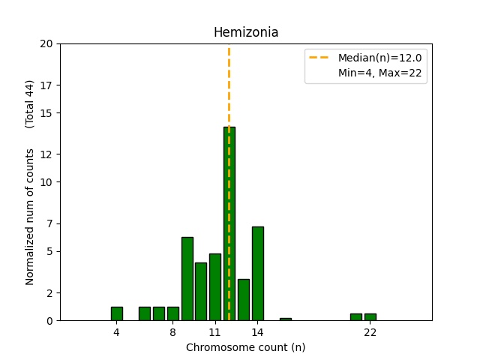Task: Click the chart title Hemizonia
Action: (246, 32)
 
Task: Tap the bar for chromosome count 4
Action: (116, 313)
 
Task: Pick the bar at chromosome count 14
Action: (257, 273)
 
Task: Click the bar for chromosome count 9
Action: (187, 278)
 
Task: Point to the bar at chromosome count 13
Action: (243, 299)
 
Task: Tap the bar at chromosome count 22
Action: (370, 316)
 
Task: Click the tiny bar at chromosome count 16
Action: (285, 319)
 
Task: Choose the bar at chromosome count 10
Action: (201, 291)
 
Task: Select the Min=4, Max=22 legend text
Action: (382, 73)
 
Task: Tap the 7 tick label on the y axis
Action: (49, 223)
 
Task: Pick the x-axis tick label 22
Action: (370, 332)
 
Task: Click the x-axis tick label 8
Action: (172, 332)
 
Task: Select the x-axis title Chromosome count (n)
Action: (245, 347)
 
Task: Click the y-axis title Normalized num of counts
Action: (30, 216)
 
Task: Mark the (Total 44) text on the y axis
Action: (30, 103)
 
